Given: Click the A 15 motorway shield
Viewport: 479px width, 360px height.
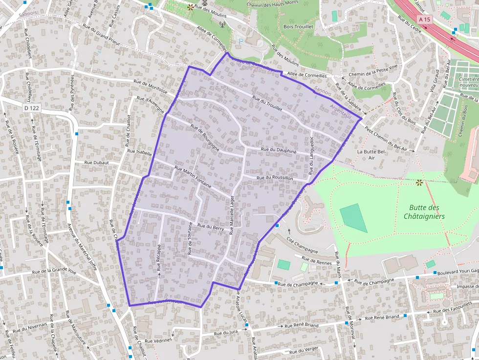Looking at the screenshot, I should [x=424, y=19].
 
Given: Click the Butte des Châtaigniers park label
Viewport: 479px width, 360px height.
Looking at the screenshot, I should [x=424, y=212].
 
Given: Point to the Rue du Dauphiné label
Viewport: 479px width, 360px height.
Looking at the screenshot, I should [x=279, y=151].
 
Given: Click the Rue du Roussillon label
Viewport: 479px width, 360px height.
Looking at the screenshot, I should [x=275, y=178].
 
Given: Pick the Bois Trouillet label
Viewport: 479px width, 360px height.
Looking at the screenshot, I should [x=298, y=27].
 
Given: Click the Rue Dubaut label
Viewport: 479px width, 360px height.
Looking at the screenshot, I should [x=97, y=163].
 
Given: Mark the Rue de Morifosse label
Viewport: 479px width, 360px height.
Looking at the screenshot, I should [x=150, y=87].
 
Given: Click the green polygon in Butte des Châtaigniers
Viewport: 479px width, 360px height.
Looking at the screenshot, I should [x=353, y=217].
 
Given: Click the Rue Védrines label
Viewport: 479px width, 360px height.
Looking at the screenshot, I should [x=158, y=340].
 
